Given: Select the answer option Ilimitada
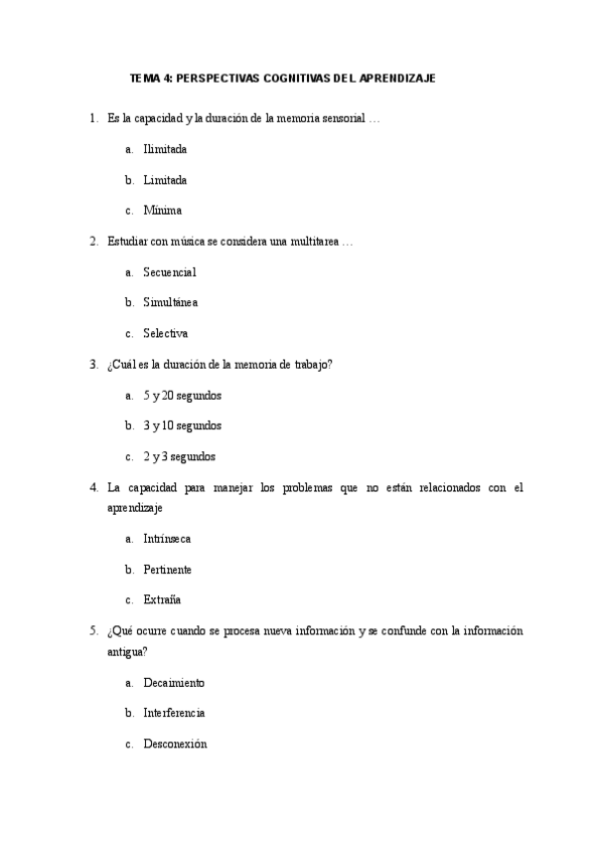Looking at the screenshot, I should pyautogui.click(x=165, y=149).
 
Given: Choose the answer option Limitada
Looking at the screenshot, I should pyautogui.click(x=165, y=180).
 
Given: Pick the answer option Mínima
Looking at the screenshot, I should pyautogui.click(x=162, y=211).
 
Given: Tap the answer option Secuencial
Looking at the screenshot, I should pyautogui.click(x=170, y=271).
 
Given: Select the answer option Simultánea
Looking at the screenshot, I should pyautogui.click(x=171, y=302).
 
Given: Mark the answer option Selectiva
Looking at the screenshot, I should pyautogui.click(x=165, y=333).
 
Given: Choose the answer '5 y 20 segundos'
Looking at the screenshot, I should pyautogui.click(x=182, y=396).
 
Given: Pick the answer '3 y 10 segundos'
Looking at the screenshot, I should pyautogui.click(x=182, y=425).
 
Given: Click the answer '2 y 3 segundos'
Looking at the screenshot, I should pyautogui.click(x=179, y=457).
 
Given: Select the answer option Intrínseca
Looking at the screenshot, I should pyautogui.click(x=167, y=539).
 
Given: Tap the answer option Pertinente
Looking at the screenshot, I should pyautogui.click(x=168, y=570).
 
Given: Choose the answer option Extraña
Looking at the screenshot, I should pyautogui.click(x=162, y=600).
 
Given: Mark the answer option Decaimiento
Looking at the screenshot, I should pyautogui.click(x=174, y=683).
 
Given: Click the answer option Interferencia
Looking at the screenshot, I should pyautogui.click(x=174, y=713).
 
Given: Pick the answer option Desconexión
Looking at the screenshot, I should pyautogui.click(x=175, y=744).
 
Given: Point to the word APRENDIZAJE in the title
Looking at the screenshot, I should pyautogui.click(x=397, y=77).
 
